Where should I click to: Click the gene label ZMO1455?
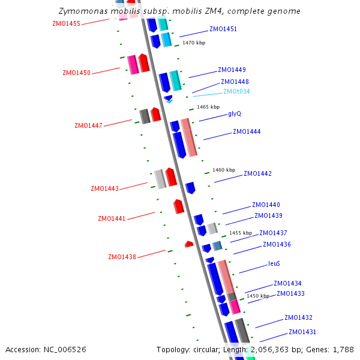tap(67, 23)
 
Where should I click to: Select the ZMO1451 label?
tap(223, 29)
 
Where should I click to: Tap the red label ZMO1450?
tap(76, 73)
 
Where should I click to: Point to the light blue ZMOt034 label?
tap(236, 91)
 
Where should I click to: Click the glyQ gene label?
tap(235, 113)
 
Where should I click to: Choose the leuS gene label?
tap(274, 263)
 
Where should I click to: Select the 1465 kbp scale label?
tap(208, 107)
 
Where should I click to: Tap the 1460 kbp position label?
tap(224, 170)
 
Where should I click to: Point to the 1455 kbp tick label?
tap(241, 233)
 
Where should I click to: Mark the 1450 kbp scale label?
tap(258, 296)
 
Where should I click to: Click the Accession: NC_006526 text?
tap(46, 349)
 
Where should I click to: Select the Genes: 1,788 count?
tap(334, 349)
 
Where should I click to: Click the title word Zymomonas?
tap(81, 11)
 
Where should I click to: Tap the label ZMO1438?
tap(122, 257)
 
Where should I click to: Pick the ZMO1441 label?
tap(112, 218)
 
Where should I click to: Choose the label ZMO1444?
tap(247, 131)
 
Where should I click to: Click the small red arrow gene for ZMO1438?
tap(189, 244)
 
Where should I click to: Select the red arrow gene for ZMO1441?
tap(178, 206)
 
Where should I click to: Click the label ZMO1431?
tap(302, 332)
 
